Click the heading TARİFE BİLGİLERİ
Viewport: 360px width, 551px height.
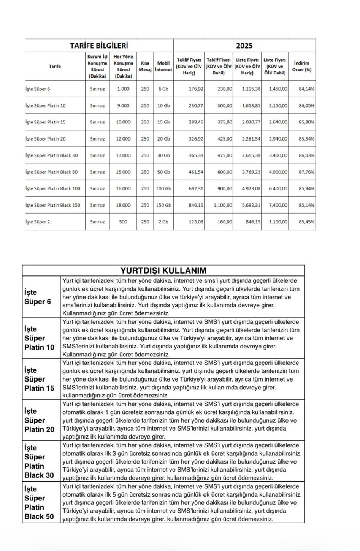click(99, 46)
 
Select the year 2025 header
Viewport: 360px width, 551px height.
click(244, 46)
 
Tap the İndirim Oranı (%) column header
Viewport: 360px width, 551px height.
click(301, 66)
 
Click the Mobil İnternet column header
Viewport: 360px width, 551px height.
click(163, 66)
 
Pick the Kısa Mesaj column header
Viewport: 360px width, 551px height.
click(145, 66)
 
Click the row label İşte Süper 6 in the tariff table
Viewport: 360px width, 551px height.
click(38, 89)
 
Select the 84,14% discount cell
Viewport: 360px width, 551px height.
click(306, 89)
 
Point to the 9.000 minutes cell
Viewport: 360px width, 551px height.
click(123, 106)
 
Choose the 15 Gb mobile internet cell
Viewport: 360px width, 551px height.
click(163, 122)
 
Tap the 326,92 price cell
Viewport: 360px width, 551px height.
click(196, 139)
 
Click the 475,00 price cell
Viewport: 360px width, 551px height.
click(225, 155)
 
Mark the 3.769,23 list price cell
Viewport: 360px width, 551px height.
click(251, 172)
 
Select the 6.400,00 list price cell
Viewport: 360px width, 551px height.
click(278, 188)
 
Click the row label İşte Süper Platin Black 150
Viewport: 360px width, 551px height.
click(53, 205)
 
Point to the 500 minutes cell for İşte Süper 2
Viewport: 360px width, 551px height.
click(123, 222)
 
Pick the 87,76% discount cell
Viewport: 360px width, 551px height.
click(306, 172)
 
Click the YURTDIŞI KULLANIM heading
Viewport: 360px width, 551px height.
click(163, 271)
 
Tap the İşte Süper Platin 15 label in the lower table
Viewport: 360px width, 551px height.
click(40, 379)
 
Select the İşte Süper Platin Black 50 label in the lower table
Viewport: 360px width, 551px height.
click(40, 502)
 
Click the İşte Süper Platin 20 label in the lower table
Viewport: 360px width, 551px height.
click(40, 420)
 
